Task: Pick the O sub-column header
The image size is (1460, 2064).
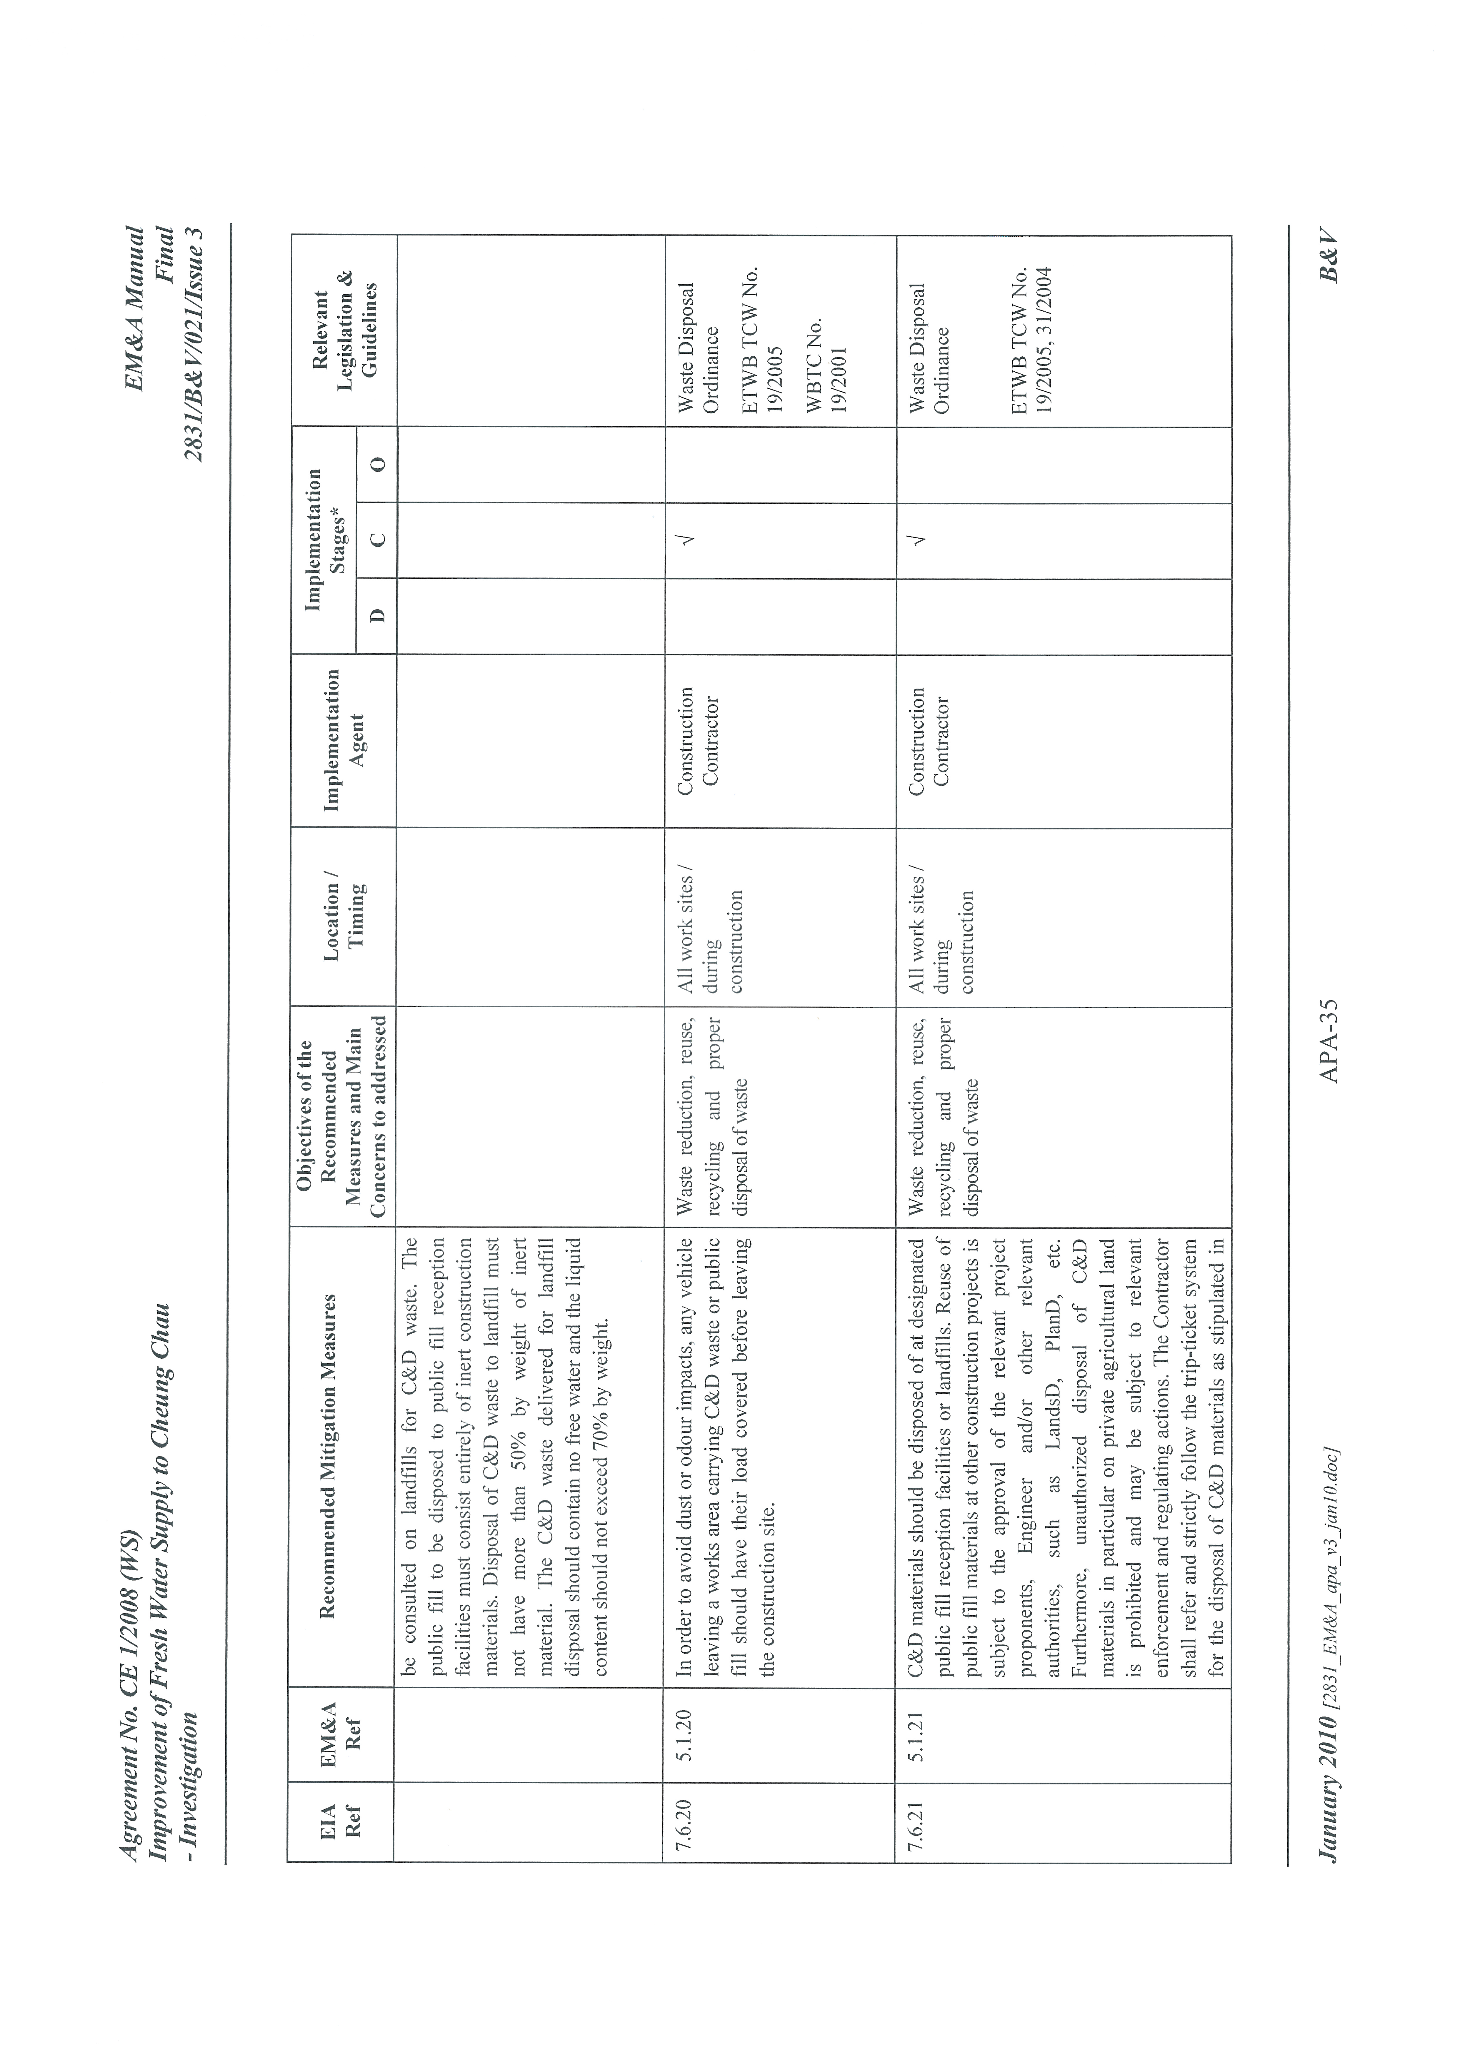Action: [x=379, y=464]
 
